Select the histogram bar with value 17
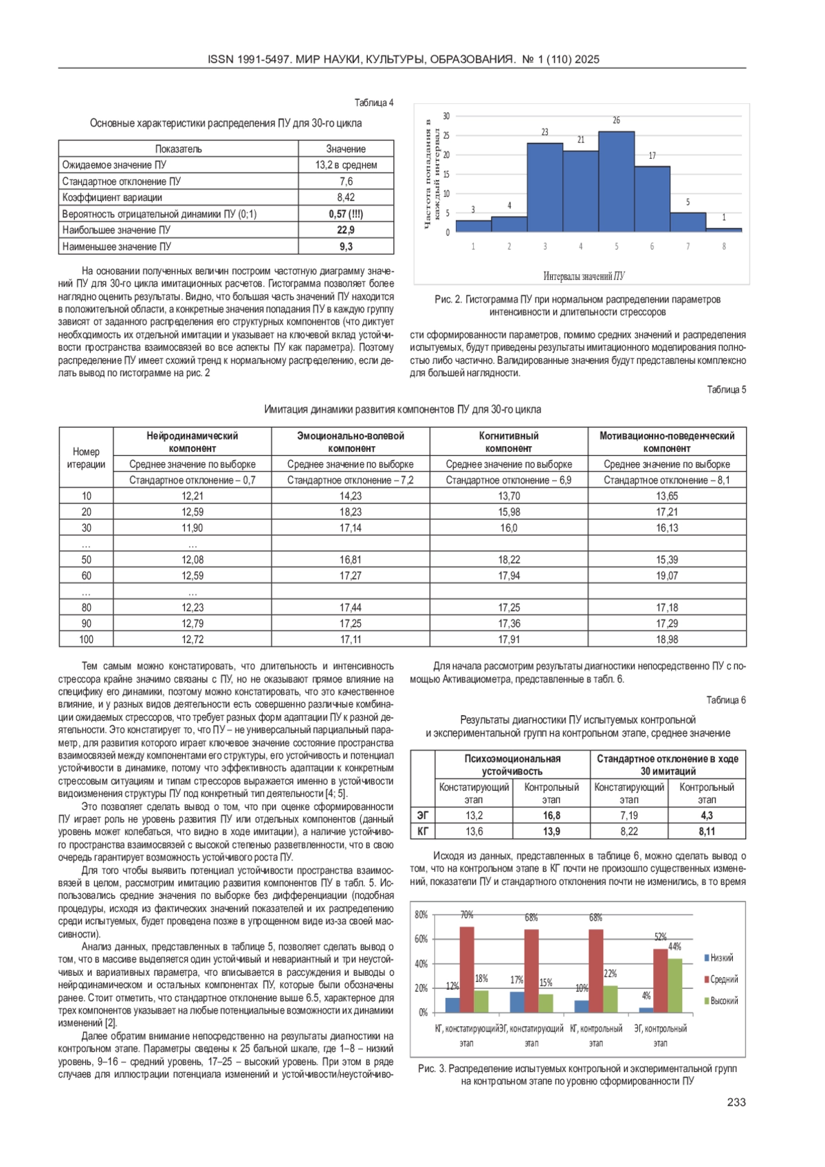(x=652, y=199)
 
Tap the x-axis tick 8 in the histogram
(x=724, y=246)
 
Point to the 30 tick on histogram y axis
(x=446, y=116)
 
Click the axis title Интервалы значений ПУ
(x=584, y=276)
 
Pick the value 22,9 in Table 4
(x=346, y=230)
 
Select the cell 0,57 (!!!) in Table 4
(x=346, y=214)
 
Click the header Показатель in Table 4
(x=178, y=149)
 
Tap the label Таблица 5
(x=726, y=389)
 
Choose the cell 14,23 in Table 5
(x=351, y=496)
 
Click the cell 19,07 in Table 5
(x=667, y=576)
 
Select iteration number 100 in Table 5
(x=86, y=640)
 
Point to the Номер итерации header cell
(x=86, y=457)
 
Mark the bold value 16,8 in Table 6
(x=551, y=815)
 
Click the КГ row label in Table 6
(x=423, y=831)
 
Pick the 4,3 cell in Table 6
(x=707, y=815)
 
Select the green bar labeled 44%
(x=674, y=985)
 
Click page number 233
(x=736, y=1102)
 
